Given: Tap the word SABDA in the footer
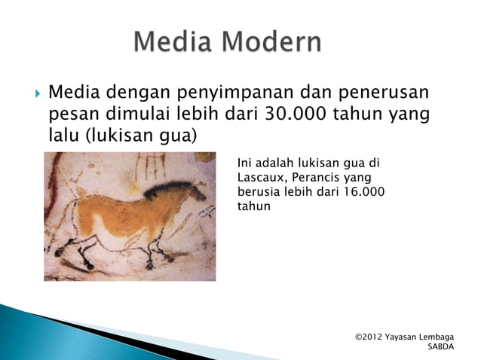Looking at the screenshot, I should click(x=441, y=347).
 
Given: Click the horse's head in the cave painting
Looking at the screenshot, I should click(x=194, y=193).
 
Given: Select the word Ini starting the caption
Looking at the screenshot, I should click(x=244, y=163).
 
